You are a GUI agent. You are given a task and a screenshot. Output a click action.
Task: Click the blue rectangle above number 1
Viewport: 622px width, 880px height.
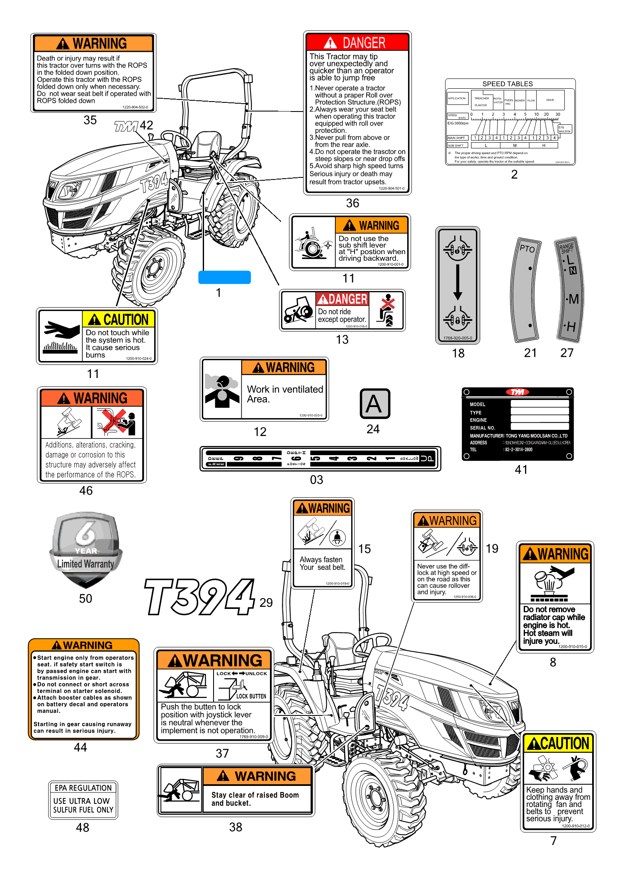(224, 277)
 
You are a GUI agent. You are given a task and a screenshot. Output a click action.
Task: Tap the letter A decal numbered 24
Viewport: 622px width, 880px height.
(374, 404)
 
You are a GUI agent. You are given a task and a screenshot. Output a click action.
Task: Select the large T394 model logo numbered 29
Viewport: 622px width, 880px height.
(200, 597)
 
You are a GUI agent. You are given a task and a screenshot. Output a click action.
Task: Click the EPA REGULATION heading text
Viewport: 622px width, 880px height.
(83, 788)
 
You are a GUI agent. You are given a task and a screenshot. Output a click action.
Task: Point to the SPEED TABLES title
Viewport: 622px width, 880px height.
(507, 84)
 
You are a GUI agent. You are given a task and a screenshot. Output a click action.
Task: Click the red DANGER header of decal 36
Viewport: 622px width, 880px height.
(357, 43)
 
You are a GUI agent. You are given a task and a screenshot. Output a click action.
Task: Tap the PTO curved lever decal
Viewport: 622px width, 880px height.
(526, 290)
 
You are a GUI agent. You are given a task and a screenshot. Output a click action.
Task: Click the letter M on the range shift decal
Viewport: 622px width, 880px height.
(573, 299)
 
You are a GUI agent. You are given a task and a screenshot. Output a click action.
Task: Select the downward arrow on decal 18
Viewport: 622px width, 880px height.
(457, 282)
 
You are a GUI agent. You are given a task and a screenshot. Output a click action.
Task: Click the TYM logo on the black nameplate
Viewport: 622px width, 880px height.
(518, 392)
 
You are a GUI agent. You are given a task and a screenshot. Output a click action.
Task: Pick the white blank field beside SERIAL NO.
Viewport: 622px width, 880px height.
(539, 427)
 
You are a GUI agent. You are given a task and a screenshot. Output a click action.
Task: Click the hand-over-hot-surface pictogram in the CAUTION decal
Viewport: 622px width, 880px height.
(61, 336)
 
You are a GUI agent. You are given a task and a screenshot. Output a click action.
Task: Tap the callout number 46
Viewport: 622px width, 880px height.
(86, 491)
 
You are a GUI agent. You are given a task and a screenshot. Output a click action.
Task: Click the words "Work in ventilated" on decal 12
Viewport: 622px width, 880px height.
(285, 390)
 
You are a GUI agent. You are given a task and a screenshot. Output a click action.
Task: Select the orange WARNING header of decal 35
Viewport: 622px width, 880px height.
(94, 44)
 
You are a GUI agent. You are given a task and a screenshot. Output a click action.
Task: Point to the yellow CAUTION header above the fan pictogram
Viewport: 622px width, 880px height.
(558, 743)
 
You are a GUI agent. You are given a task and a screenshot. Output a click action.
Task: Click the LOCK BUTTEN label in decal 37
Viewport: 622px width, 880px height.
(251, 696)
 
